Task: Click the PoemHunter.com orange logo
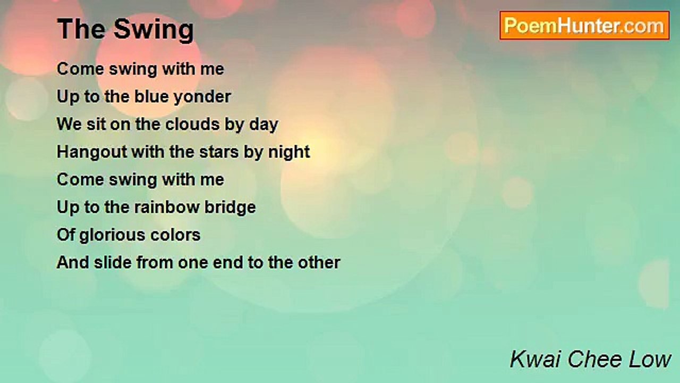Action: coord(584,26)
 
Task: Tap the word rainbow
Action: coord(167,207)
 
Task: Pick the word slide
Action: coord(113,262)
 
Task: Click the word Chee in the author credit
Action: coord(595,359)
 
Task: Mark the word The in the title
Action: coord(81,29)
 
